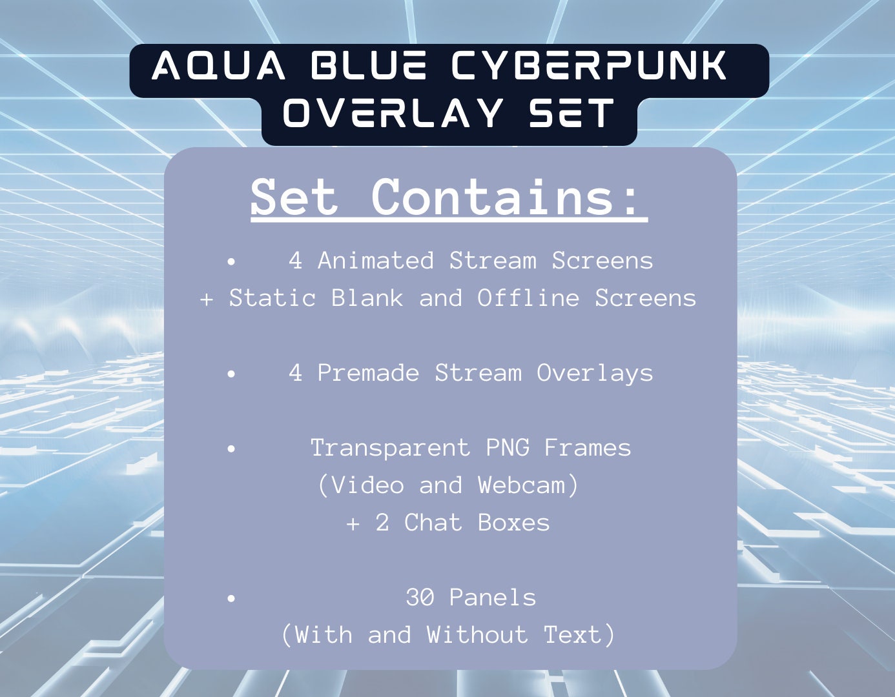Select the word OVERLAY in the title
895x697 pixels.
[393, 114]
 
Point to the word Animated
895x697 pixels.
[375, 261]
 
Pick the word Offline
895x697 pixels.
[528, 298]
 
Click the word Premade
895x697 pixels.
[368, 373]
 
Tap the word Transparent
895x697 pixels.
[390, 448]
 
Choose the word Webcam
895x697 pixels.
[528, 485]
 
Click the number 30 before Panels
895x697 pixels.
[420, 598]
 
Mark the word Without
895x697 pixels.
[477, 635]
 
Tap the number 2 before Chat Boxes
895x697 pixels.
[382, 523]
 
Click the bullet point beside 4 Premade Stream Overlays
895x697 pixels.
[231, 374]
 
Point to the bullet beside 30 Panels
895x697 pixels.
[231, 598]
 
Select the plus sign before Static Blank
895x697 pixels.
[207, 299]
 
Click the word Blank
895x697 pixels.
[367, 298]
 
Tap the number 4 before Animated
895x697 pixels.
[295, 261]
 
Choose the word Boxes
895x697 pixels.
[513, 523]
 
